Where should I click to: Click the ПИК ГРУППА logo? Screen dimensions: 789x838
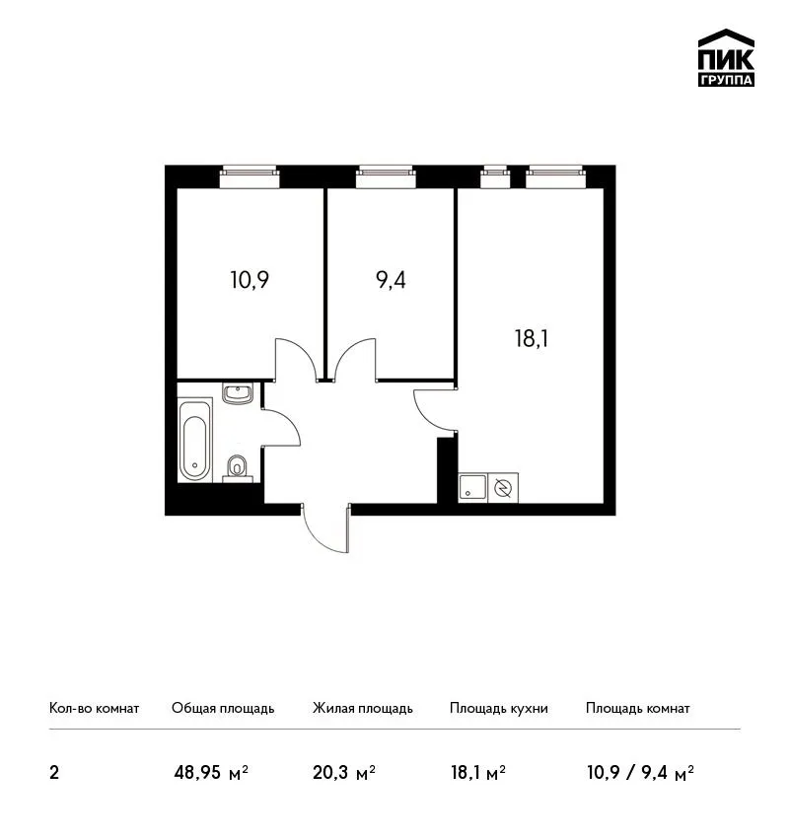click(x=726, y=58)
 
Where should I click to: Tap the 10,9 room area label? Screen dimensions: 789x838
click(x=250, y=280)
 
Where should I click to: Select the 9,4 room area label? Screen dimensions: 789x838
click(x=392, y=280)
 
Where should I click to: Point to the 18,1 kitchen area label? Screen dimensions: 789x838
click(x=532, y=338)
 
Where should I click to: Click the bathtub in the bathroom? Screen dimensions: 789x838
click(x=194, y=441)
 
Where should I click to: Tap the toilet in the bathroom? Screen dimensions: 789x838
click(x=237, y=468)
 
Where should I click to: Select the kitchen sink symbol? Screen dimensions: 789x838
click(x=472, y=487)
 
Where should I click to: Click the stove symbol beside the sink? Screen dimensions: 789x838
click(x=503, y=487)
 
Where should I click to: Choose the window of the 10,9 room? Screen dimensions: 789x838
click(x=250, y=176)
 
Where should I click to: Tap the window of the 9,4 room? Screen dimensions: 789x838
click(x=386, y=176)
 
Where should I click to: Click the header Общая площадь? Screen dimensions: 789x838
click(x=223, y=708)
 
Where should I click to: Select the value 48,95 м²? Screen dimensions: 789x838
click(x=211, y=772)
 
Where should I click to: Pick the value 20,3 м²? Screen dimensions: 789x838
click(x=344, y=772)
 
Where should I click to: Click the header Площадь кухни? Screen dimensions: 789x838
click(x=499, y=708)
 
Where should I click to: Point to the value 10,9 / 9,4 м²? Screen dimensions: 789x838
click(x=640, y=772)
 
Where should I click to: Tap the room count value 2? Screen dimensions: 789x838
click(x=54, y=773)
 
